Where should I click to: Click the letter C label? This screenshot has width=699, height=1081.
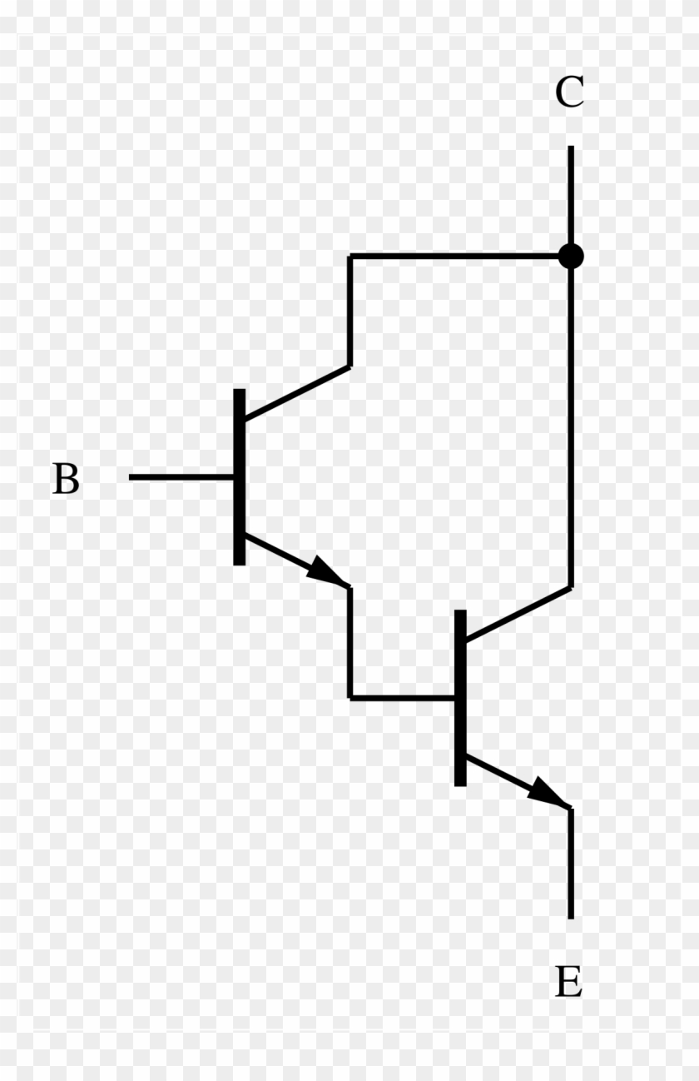(569, 92)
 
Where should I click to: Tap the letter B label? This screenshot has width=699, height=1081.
(66, 478)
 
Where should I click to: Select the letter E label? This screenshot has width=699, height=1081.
(569, 982)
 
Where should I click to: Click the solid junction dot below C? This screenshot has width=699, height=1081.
(571, 256)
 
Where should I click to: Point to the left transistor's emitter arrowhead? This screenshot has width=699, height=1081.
(327, 571)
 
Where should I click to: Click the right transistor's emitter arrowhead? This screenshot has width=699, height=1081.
(548, 792)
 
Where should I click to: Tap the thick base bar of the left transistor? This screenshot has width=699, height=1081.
(239, 477)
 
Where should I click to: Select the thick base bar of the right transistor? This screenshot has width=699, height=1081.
(460, 698)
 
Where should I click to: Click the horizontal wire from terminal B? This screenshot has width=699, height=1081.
(181, 477)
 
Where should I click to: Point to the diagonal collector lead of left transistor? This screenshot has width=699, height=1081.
(297, 393)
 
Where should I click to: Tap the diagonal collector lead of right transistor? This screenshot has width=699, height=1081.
(518, 615)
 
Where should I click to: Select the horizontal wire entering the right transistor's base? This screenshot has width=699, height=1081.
(403, 698)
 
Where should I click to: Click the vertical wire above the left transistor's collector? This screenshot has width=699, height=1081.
(350, 311)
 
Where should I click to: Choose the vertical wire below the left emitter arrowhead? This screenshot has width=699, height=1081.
(350, 643)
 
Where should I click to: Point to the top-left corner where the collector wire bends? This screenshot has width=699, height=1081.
(350, 256)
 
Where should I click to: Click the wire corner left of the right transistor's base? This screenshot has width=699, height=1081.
(350, 698)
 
